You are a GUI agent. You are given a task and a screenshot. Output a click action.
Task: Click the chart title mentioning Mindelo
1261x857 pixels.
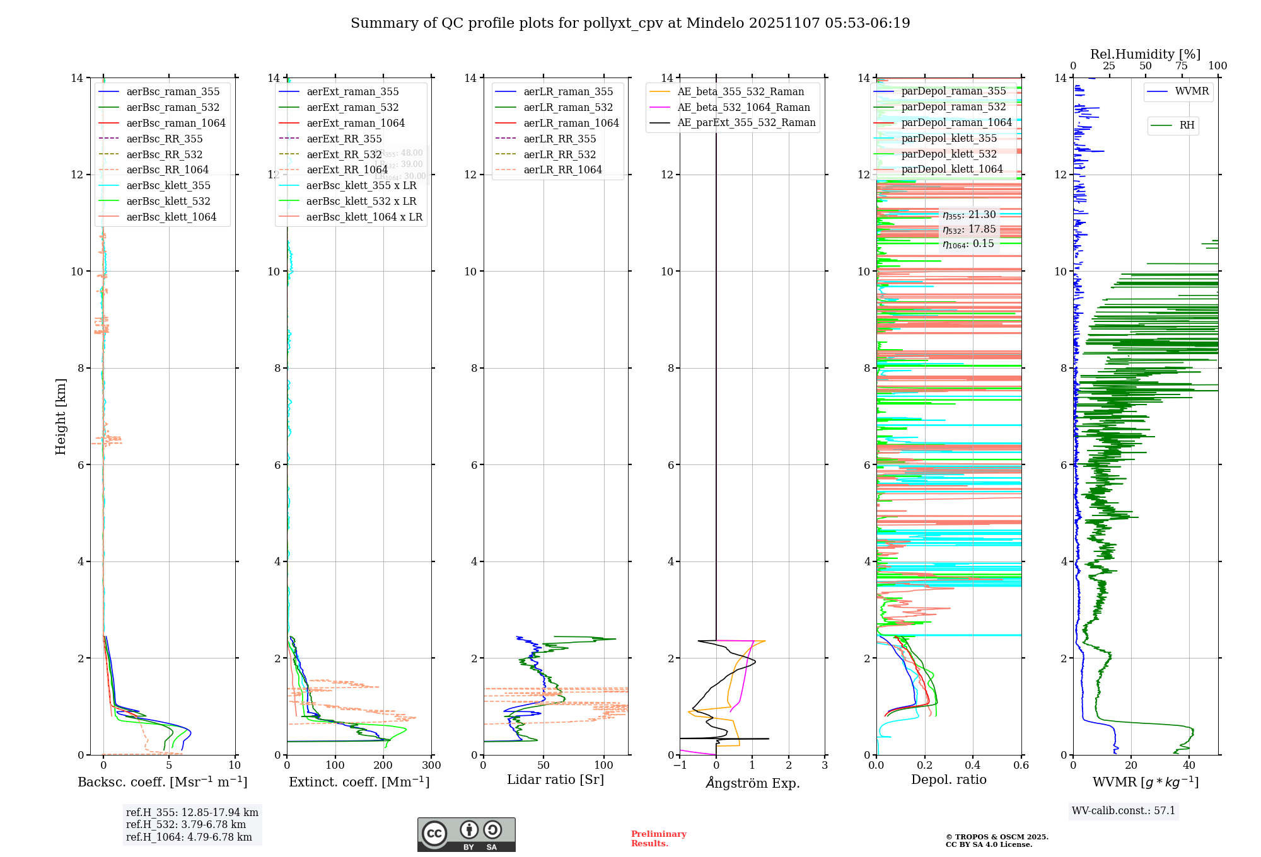point(630,23)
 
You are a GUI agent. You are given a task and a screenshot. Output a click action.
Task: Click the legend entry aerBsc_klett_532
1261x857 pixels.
point(168,201)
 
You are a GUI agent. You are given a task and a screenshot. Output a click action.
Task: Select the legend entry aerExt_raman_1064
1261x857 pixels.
point(356,123)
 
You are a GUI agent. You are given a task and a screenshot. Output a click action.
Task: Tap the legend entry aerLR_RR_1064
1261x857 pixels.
point(562,170)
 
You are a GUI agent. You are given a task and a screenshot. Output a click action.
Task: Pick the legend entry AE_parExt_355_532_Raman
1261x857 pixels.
point(746,122)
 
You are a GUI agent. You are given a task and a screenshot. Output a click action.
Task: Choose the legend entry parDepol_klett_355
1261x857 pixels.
point(949,138)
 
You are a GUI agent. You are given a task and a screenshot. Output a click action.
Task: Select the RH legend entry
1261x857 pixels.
point(1186,125)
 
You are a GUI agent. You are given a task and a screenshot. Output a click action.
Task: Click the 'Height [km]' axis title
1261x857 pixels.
point(61,416)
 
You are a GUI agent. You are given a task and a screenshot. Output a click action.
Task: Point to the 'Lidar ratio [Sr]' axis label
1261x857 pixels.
point(555,779)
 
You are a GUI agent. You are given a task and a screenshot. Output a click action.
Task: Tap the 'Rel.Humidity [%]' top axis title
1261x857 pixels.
point(1145,54)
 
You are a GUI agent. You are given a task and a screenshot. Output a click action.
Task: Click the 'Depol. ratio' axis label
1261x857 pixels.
point(948,779)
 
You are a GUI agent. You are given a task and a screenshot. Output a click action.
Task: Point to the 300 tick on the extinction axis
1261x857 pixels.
point(432,765)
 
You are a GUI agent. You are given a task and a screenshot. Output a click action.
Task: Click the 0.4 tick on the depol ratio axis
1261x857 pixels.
point(973,765)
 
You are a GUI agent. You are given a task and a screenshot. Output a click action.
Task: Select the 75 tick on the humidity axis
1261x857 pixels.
point(1181,66)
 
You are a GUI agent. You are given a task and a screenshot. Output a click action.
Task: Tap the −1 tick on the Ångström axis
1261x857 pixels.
point(680,765)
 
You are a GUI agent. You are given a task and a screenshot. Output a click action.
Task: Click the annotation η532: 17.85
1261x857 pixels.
point(969,229)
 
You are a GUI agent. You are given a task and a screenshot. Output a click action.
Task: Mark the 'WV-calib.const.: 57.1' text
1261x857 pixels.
point(1124,810)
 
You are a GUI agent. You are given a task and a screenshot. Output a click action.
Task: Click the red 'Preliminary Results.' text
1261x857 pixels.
point(658,838)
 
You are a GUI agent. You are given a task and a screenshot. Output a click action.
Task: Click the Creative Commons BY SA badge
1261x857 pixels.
point(466,834)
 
